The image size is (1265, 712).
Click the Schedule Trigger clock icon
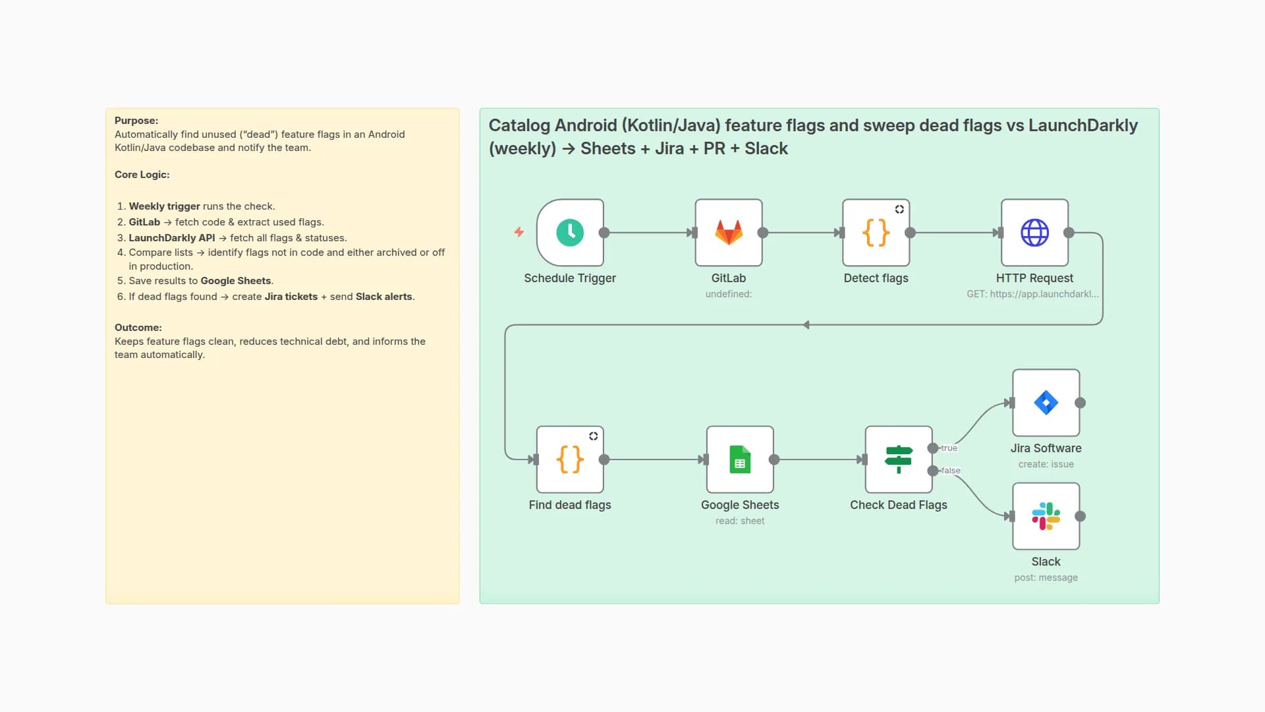point(570,233)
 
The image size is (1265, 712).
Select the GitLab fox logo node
point(729,233)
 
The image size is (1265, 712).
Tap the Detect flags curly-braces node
point(876,233)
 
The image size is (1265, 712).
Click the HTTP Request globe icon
point(1034,233)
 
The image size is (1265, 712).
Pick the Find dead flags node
point(570,460)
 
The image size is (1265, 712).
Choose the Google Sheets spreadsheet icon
point(740,460)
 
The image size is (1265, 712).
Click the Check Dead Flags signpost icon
point(898,460)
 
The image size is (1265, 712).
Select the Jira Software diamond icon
point(1046,403)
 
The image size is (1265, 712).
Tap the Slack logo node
point(1046,516)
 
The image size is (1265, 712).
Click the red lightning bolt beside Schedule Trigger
point(519,232)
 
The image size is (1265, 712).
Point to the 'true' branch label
point(949,448)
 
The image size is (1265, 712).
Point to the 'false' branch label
point(951,471)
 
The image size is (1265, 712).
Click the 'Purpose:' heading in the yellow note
point(136,121)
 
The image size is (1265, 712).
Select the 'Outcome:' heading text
point(138,328)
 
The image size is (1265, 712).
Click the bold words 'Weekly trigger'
point(164,206)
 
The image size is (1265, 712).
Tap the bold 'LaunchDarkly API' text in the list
point(171,238)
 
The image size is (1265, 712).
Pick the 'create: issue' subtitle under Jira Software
point(1046,464)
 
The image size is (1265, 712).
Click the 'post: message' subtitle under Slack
point(1046,578)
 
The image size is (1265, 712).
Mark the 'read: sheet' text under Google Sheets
point(740,521)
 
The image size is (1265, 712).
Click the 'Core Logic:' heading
point(142,175)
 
